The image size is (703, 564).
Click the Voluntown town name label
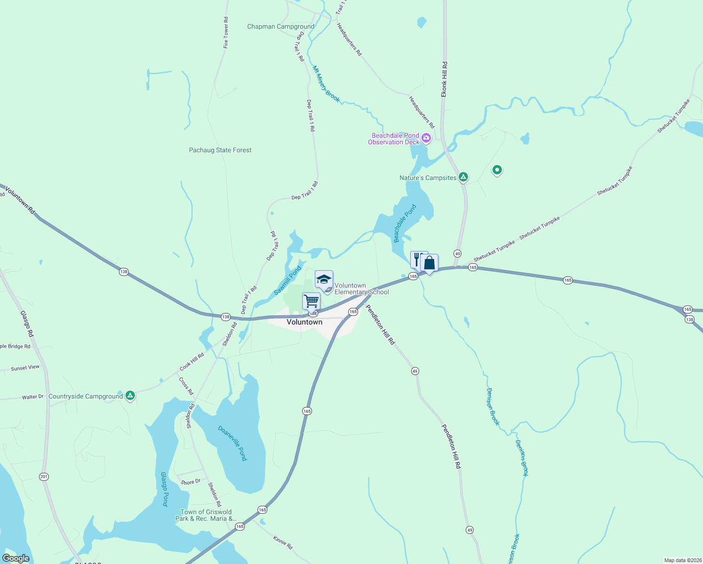coord(305,322)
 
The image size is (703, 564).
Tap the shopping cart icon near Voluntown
coord(311,300)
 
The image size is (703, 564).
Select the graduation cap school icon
coord(324,279)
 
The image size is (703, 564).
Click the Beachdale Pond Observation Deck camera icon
coord(426,138)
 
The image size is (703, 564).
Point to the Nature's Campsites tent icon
coord(463,177)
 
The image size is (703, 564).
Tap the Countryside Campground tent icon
coord(131,396)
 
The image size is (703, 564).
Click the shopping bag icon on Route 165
coord(430,263)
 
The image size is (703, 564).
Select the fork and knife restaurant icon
coord(417,259)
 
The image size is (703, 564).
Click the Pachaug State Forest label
coord(220,150)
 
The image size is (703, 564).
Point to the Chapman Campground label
coord(281,27)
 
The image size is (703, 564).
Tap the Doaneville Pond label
coord(233,443)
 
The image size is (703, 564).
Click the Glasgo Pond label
coord(164,489)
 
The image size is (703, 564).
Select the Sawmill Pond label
coord(288,281)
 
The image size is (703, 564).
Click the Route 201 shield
coord(44,477)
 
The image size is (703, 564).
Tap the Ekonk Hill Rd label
coord(444,79)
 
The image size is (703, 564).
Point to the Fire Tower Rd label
coord(226,33)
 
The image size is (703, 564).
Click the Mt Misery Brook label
coord(326,84)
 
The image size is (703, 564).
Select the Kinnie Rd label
coord(283,543)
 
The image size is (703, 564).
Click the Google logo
coord(16,558)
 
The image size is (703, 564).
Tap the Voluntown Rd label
coord(20,201)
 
